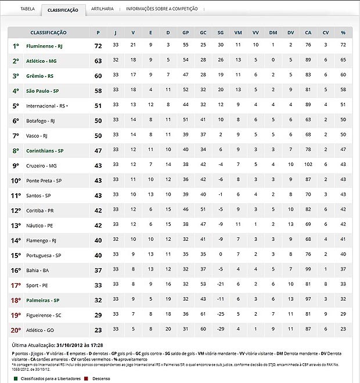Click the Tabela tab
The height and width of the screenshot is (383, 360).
(x=27, y=9)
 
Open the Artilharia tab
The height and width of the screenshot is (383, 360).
(x=102, y=9)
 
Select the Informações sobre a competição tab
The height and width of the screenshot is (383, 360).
(x=161, y=9)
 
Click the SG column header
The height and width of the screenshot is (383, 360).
(x=221, y=32)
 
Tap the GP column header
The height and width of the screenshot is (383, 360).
(x=185, y=32)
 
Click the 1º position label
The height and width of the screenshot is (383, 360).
(x=16, y=45)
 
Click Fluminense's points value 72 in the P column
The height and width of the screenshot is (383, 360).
(x=98, y=45)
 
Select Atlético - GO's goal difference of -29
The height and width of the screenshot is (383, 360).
(x=221, y=330)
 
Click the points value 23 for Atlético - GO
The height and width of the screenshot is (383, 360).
(x=98, y=330)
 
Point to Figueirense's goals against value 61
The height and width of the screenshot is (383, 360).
(x=203, y=315)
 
